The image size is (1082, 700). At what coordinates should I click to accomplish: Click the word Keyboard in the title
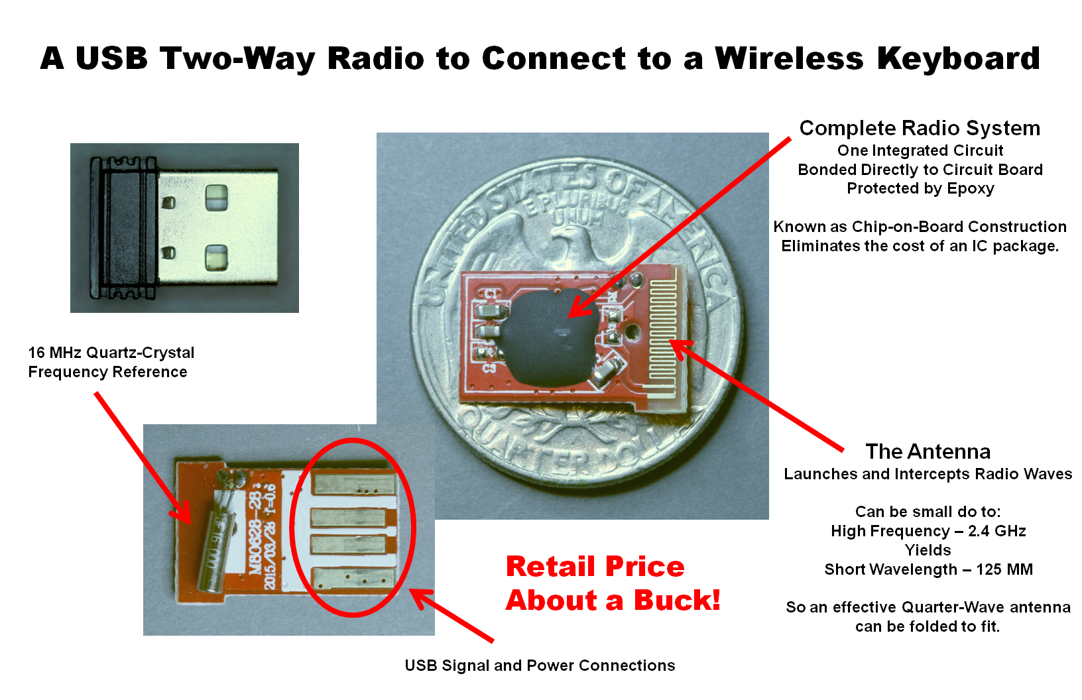958,59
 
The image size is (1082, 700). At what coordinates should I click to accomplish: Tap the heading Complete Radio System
920,128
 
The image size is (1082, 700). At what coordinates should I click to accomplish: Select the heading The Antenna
928,451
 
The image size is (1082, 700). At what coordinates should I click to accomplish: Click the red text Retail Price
595,566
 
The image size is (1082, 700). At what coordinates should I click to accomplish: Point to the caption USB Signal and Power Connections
540,666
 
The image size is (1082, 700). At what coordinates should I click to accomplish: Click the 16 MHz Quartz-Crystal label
111,353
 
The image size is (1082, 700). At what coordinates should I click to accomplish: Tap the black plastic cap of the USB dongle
124,227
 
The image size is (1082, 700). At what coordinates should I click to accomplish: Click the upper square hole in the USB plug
216,198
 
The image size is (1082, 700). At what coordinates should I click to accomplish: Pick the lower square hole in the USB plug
216,257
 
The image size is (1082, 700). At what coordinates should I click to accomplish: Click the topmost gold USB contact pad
355,484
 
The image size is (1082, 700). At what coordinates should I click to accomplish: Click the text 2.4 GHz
997,531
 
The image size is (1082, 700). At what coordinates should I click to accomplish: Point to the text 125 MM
1004,569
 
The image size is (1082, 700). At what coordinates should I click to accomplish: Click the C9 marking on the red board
489,368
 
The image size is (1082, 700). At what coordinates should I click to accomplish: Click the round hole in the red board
632,331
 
